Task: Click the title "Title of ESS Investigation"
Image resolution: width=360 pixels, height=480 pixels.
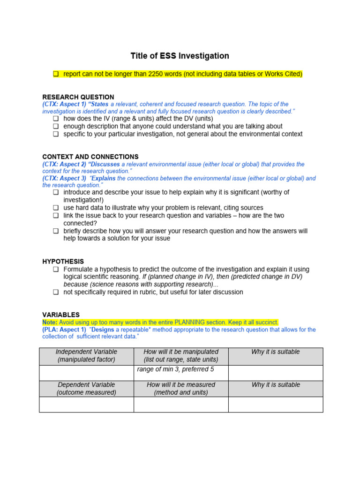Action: [180, 56]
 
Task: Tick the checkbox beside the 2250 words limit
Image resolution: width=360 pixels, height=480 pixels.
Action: [56, 74]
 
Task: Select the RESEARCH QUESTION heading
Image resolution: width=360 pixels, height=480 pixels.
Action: [78, 97]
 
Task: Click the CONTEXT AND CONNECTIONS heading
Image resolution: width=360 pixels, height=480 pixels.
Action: [90, 157]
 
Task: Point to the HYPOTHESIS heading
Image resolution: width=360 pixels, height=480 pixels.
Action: [63, 261]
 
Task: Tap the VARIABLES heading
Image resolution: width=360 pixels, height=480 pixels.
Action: [61, 315]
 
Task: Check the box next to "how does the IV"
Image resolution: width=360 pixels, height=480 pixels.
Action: [56, 119]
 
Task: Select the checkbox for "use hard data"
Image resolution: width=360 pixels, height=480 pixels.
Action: [56, 208]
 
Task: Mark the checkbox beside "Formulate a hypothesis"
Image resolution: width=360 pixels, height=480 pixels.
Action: [56, 270]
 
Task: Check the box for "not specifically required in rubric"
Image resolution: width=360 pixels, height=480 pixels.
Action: [56, 292]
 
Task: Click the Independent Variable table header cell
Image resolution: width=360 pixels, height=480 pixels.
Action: [86, 356]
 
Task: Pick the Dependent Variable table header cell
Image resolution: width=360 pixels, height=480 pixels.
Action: [86, 389]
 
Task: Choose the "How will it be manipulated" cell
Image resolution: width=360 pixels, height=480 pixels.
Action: [181, 356]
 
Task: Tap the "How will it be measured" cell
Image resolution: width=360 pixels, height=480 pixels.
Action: [181, 389]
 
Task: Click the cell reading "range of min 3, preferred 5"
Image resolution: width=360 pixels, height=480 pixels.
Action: [175, 369]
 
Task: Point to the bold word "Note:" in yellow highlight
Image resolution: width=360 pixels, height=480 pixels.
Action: [50, 322]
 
